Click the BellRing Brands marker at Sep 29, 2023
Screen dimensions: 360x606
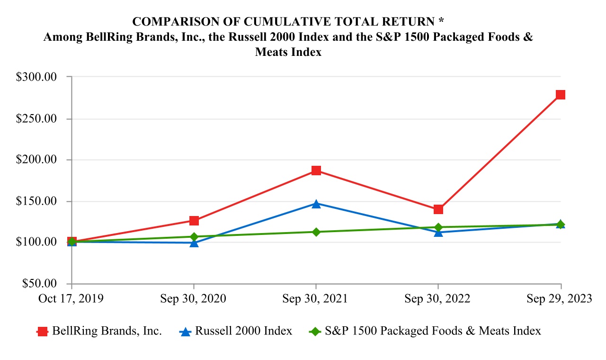click(x=561, y=95)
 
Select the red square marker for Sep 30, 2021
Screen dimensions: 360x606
click(x=316, y=171)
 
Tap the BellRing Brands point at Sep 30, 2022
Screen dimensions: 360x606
click(x=438, y=209)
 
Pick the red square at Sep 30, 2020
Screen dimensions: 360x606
click(x=194, y=221)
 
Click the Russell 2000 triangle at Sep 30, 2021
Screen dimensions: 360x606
click(x=316, y=204)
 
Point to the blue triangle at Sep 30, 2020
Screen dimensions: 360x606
click(x=194, y=243)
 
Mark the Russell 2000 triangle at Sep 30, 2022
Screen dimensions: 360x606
click(x=438, y=232)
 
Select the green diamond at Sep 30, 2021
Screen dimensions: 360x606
click(x=316, y=232)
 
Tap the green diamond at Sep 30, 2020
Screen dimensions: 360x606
click(x=194, y=236)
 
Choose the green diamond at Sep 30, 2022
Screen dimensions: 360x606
click(x=438, y=227)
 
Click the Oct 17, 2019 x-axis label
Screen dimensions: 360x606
click(x=71, y=299)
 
